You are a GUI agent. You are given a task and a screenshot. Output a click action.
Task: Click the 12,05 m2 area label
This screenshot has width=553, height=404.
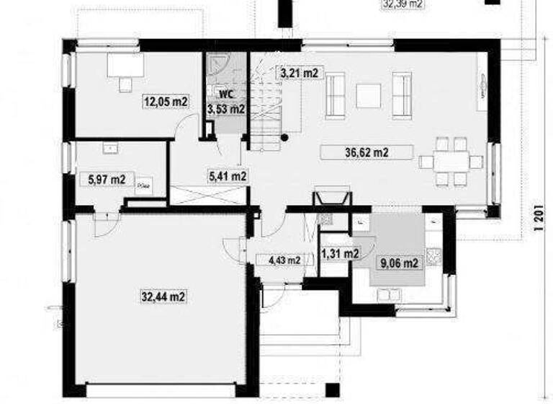tap(166, 102)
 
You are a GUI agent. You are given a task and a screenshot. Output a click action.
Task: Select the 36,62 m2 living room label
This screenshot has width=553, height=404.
tap(367, 152)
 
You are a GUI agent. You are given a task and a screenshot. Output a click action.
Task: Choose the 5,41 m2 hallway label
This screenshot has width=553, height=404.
tap(227, 175)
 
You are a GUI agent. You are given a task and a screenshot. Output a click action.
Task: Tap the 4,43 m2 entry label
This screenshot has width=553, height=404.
tap(282, 260)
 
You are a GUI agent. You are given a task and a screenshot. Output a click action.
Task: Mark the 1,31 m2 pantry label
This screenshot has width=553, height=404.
tap(340, 253)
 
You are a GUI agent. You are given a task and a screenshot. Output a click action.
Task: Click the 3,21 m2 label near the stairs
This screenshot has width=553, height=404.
tap(300, 73)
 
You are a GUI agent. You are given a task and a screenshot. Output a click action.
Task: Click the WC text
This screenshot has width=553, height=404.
tap(225, 94)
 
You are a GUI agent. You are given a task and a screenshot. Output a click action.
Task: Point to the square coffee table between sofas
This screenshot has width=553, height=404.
tap(368, 95)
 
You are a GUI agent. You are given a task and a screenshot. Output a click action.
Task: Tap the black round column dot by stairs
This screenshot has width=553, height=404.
tap(285, 136)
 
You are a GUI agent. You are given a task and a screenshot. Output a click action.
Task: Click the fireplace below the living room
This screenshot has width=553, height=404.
tap(332, 198)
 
